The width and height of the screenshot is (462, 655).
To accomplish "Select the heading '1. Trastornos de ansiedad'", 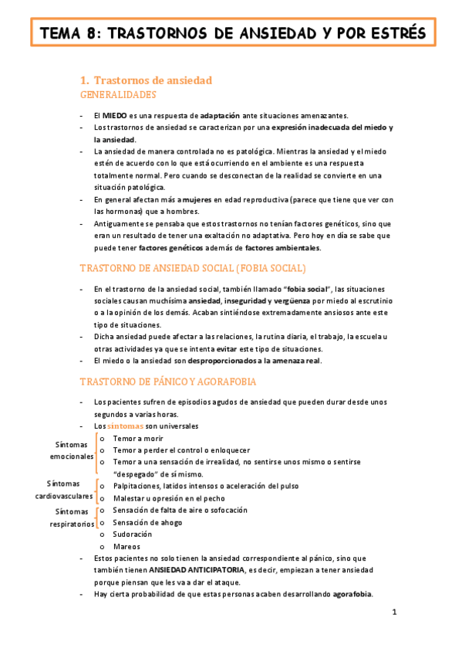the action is coord(147,80).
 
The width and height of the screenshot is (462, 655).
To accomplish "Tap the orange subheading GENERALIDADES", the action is coord(118,95).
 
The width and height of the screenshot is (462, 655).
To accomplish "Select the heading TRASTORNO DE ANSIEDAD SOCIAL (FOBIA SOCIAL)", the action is coord(193,268).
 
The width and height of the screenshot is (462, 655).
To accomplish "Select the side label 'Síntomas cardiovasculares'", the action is coord(64,489).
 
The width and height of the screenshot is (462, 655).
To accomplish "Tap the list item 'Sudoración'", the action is coord(132,535).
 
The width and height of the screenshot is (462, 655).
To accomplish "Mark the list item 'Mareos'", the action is coord(126,547).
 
